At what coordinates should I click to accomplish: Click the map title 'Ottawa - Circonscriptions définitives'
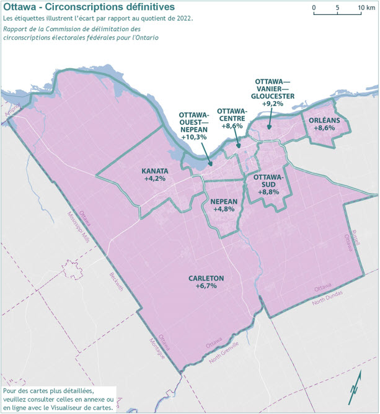pos(89,7)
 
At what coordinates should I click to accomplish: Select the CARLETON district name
pos(206,278)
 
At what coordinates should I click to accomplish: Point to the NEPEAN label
pos(223,202)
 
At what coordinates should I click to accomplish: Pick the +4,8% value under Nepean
pos(223,210)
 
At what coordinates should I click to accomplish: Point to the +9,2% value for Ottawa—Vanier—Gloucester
pos(273,104)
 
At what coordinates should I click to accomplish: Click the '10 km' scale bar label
pos(365,7)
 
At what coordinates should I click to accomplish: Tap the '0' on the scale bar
pos(314,7)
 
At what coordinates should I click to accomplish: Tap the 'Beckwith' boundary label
pos(116,281)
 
